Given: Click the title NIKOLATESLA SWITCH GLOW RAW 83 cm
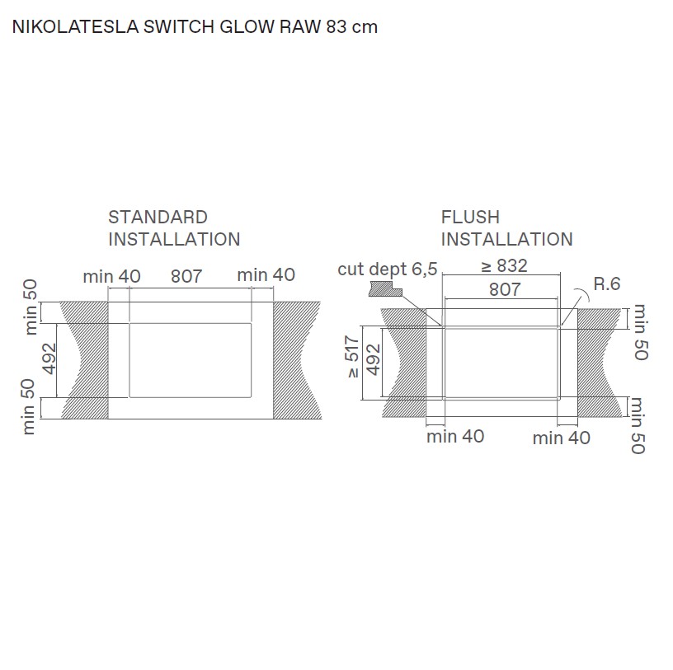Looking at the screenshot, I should [195, 26].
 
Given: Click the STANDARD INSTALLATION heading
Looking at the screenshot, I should [174, 228].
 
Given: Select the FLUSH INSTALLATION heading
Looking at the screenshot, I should [506, 228].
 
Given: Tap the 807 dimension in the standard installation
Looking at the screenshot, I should [186, 276].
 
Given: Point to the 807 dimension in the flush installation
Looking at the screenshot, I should [505, 289].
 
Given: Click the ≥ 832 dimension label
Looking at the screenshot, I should [504, 266].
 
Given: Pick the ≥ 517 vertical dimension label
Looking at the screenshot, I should [353, 357].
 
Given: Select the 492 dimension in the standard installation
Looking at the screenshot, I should [49, 359].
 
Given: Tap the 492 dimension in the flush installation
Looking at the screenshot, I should [374, 359].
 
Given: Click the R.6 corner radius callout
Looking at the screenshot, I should [607, 284].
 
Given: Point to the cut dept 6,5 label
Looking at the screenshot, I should [388, 269].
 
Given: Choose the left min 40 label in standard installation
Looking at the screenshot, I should [111, 276].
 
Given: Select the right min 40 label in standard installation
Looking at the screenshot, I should [266, 275].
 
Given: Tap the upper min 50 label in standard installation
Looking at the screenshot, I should [31, 307].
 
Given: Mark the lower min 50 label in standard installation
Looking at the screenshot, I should [31, 406].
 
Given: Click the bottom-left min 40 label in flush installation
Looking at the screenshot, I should [455, 436].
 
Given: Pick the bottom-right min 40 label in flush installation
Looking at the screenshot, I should [561, 438].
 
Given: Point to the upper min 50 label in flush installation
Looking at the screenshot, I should [641, 332].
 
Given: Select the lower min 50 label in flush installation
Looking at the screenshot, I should [638, 424].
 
